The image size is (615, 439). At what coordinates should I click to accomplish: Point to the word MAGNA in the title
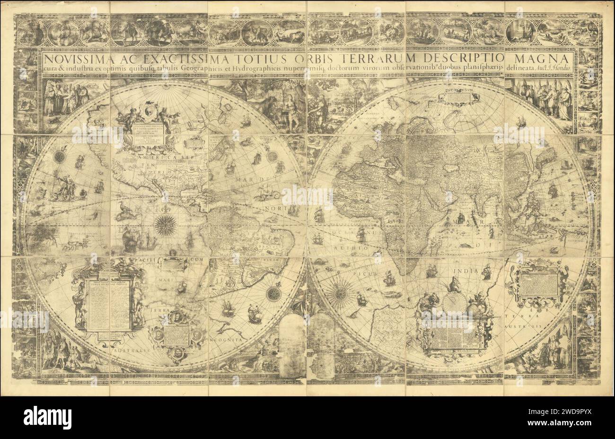pos(544,59)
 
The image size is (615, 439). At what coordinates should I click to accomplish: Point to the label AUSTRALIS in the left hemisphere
pos(129,351)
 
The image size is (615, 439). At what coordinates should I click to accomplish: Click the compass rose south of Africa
pos(339,290)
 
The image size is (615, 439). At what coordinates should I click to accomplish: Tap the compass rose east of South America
pos(273,293)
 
